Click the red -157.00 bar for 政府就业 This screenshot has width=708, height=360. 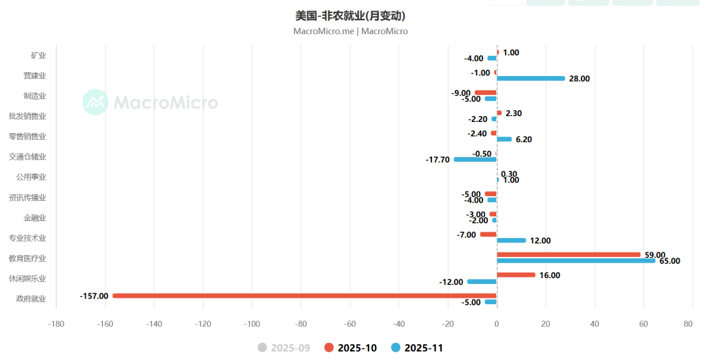[x=304, y=296]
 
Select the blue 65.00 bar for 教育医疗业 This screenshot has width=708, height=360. [x=576, y=261]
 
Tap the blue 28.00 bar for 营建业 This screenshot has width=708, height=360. [x=530, y=79]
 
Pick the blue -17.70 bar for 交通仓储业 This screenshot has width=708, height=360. [x=475, y=159]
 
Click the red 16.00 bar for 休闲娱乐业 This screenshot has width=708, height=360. [x=516, y=275]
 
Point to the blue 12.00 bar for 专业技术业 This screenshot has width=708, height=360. [x=511, y=241]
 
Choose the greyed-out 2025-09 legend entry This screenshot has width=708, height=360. [x=283, y=348]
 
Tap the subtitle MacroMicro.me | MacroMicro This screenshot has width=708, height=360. [x=350, y=31]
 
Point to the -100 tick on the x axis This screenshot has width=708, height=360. [x=252, y=323]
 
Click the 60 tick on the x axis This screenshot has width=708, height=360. [x=643, y=323]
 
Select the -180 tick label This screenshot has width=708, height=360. [x=56, y=323]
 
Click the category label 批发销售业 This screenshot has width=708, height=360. [x=28, y=116]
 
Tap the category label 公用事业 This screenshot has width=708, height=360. [x=31, y=177]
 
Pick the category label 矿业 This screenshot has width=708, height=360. [x=39, y=55]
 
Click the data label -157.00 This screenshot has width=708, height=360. [x=94, y=296]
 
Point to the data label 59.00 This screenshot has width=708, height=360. [x=654, y=255]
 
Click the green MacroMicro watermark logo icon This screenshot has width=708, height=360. [x=96, y=102]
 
